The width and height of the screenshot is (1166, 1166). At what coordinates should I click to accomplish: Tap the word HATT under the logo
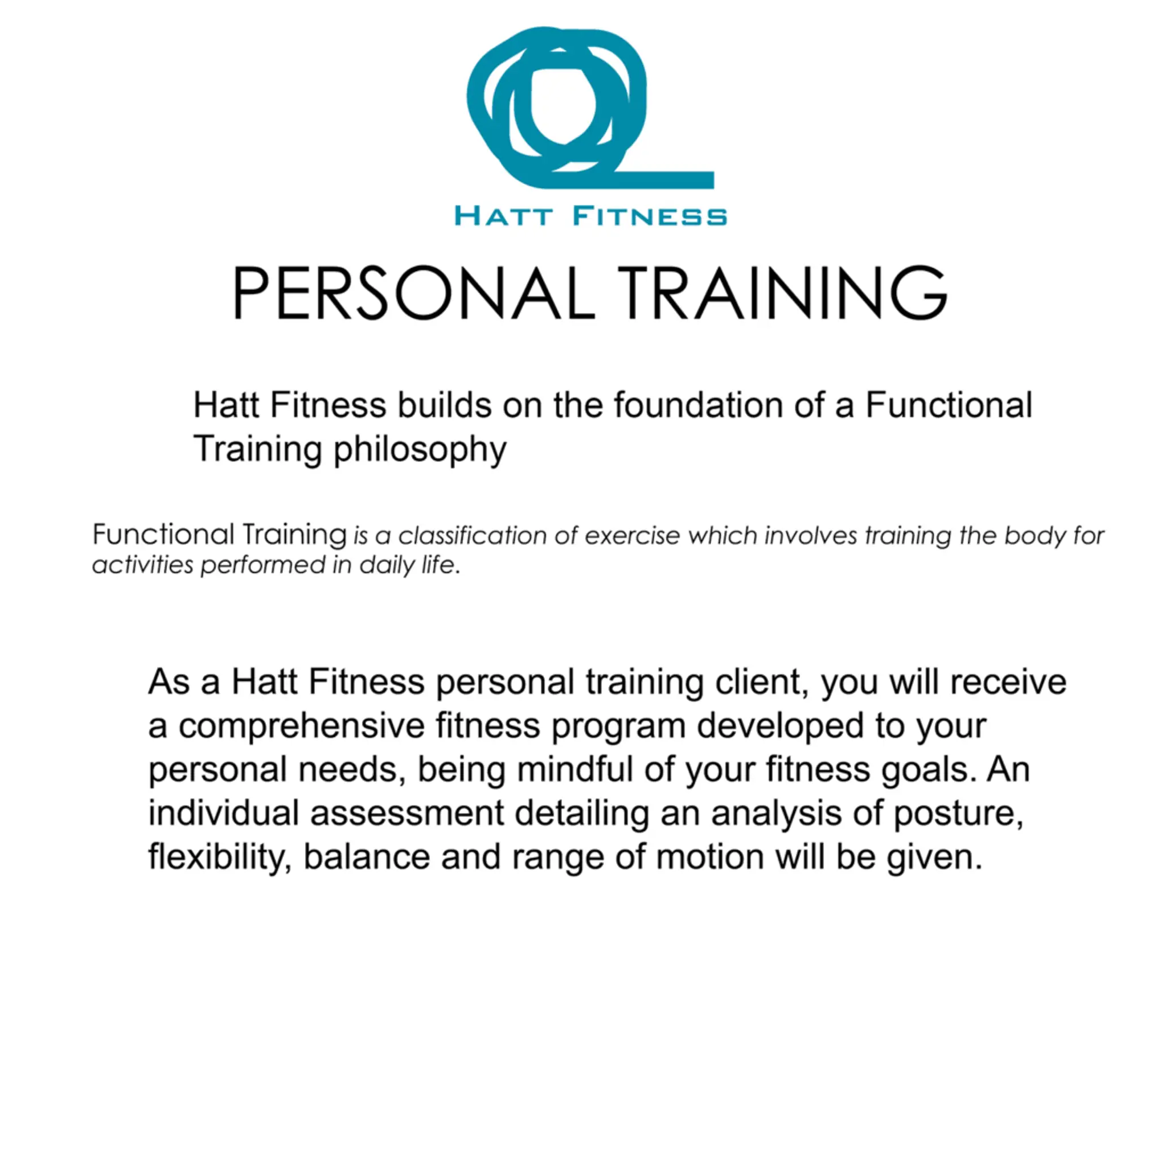coord(503,215)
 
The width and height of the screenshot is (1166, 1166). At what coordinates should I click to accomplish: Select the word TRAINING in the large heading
coord(782,293)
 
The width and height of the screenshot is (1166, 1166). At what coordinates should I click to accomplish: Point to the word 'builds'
coord(444,405)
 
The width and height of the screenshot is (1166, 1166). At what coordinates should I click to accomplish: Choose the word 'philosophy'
coord(420,450)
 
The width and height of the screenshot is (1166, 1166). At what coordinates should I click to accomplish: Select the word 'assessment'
coord(407,813)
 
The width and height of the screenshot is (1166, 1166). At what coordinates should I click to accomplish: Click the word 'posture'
coord(958,814)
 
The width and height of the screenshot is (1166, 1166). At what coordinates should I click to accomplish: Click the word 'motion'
coord(710,856)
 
